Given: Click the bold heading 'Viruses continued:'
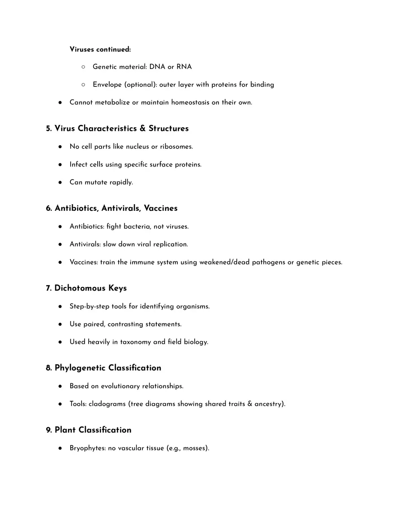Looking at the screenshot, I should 100,49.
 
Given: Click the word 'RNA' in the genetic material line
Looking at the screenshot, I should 184,67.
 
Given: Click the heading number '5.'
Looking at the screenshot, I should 49,129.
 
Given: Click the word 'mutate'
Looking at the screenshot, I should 95,182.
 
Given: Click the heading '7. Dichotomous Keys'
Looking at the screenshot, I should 86,288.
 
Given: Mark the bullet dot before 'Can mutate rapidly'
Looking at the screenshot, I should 60,182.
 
